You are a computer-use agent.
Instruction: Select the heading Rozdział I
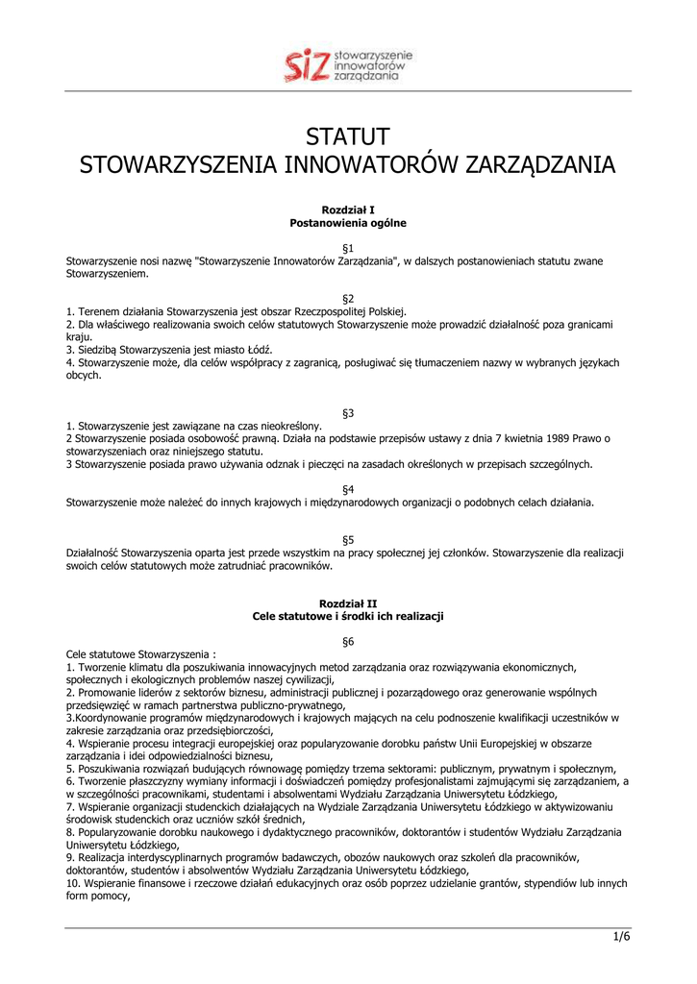coord(348,209)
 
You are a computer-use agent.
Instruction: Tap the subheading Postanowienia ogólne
coord(348,223)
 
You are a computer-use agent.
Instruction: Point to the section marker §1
coord(348,248)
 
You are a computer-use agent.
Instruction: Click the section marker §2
coord(348,299)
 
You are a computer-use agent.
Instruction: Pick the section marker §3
coord(348,413)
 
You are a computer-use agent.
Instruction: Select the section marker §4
coord(348,489)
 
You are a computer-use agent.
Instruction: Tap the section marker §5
coord(348,540)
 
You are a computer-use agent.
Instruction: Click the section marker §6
coord(348,641)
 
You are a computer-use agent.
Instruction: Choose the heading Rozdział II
coord(348,603)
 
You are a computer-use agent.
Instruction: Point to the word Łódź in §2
coord(259,350)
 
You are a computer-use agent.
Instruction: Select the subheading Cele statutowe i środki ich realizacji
coord(348,616)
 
